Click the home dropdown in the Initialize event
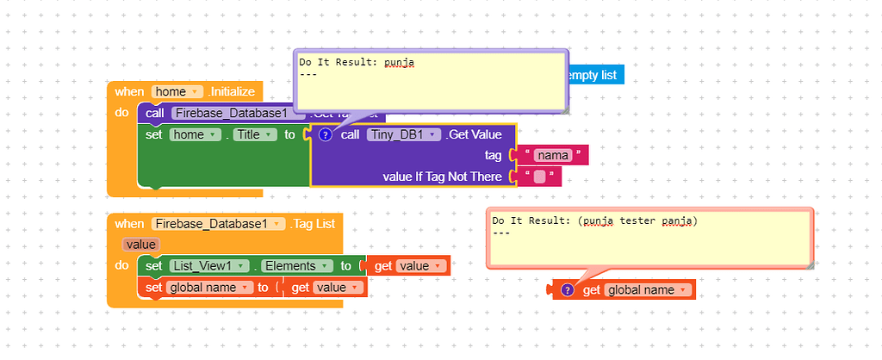tap(177, 91)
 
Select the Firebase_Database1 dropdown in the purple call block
tap(239, 113)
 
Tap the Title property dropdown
tap(255, 134)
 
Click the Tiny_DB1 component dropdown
tap(404, 134)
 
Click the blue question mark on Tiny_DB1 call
tap(325, 134)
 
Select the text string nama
tap(551, 155)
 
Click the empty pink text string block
tap(540, 177)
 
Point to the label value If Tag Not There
tap(442, 177)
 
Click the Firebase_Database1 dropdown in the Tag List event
tap(219, 223)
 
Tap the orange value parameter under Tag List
tap(140, 245)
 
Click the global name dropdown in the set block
tap(210, 287)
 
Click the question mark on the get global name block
tap(568, 290)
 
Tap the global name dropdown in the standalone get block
tap(648, 290)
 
